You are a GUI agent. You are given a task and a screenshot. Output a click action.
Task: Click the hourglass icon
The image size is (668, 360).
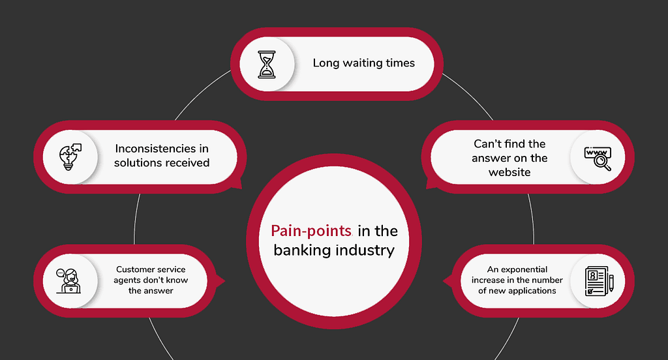tap(267, 65)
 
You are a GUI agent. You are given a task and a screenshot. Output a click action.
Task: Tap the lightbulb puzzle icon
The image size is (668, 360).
tap(70, 157)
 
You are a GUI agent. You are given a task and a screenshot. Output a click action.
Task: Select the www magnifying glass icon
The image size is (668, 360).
tap(598, 158)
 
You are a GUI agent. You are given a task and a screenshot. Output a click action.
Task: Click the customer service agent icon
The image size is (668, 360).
tap(68, 281)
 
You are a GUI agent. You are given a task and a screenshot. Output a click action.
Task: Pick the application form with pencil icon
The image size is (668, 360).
tap(600, 281)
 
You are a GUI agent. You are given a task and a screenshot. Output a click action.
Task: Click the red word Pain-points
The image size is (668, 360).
tap(311, 231)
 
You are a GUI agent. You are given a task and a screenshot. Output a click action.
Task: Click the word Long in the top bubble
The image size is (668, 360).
tap(326, 63)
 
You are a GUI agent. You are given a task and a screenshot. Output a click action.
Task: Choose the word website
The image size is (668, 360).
tap(509, 172)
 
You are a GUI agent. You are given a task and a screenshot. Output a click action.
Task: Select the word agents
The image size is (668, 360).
tap(127, 280)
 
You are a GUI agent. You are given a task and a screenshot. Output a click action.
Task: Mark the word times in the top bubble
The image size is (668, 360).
tap(401, 63)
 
